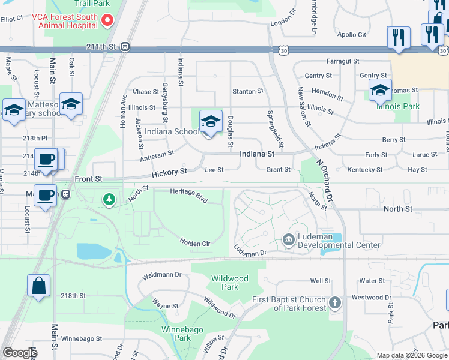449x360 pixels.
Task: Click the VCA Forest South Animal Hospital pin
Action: point(108,20)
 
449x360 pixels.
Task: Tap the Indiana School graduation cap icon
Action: point(211,122)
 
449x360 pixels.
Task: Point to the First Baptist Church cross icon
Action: point(335,303)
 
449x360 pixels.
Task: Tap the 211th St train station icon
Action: point(125,47)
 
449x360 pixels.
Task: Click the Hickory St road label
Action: point(169,172)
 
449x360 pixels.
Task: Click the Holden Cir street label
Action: point(194,242)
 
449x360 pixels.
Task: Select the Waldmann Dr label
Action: point(161,275)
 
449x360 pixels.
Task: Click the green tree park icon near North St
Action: point(109,199)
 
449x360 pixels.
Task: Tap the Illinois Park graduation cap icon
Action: point(380,91)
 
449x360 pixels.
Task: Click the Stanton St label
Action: point(248,91)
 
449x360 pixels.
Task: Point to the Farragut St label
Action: point(343,61)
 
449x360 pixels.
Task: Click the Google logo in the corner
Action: point(20,353)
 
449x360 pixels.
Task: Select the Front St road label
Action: point(89,179)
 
